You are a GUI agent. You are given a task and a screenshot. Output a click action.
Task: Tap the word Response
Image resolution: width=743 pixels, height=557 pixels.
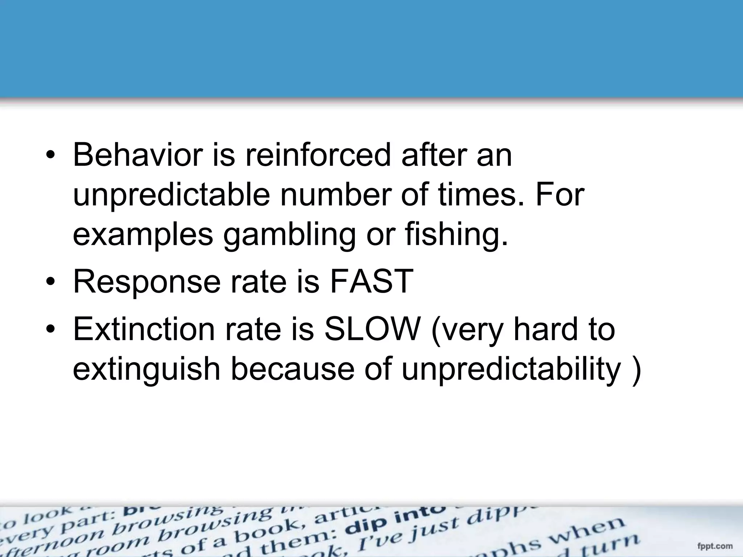[147, 282]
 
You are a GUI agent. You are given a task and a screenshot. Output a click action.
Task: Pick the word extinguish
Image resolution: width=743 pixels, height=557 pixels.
[147, 370]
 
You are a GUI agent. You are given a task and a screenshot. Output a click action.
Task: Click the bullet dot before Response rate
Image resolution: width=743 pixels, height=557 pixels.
[51, 282]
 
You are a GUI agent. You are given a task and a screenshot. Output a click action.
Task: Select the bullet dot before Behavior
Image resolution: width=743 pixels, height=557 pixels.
[51, 155]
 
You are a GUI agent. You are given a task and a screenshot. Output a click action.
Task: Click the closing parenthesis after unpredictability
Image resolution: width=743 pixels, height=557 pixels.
[636, 370]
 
